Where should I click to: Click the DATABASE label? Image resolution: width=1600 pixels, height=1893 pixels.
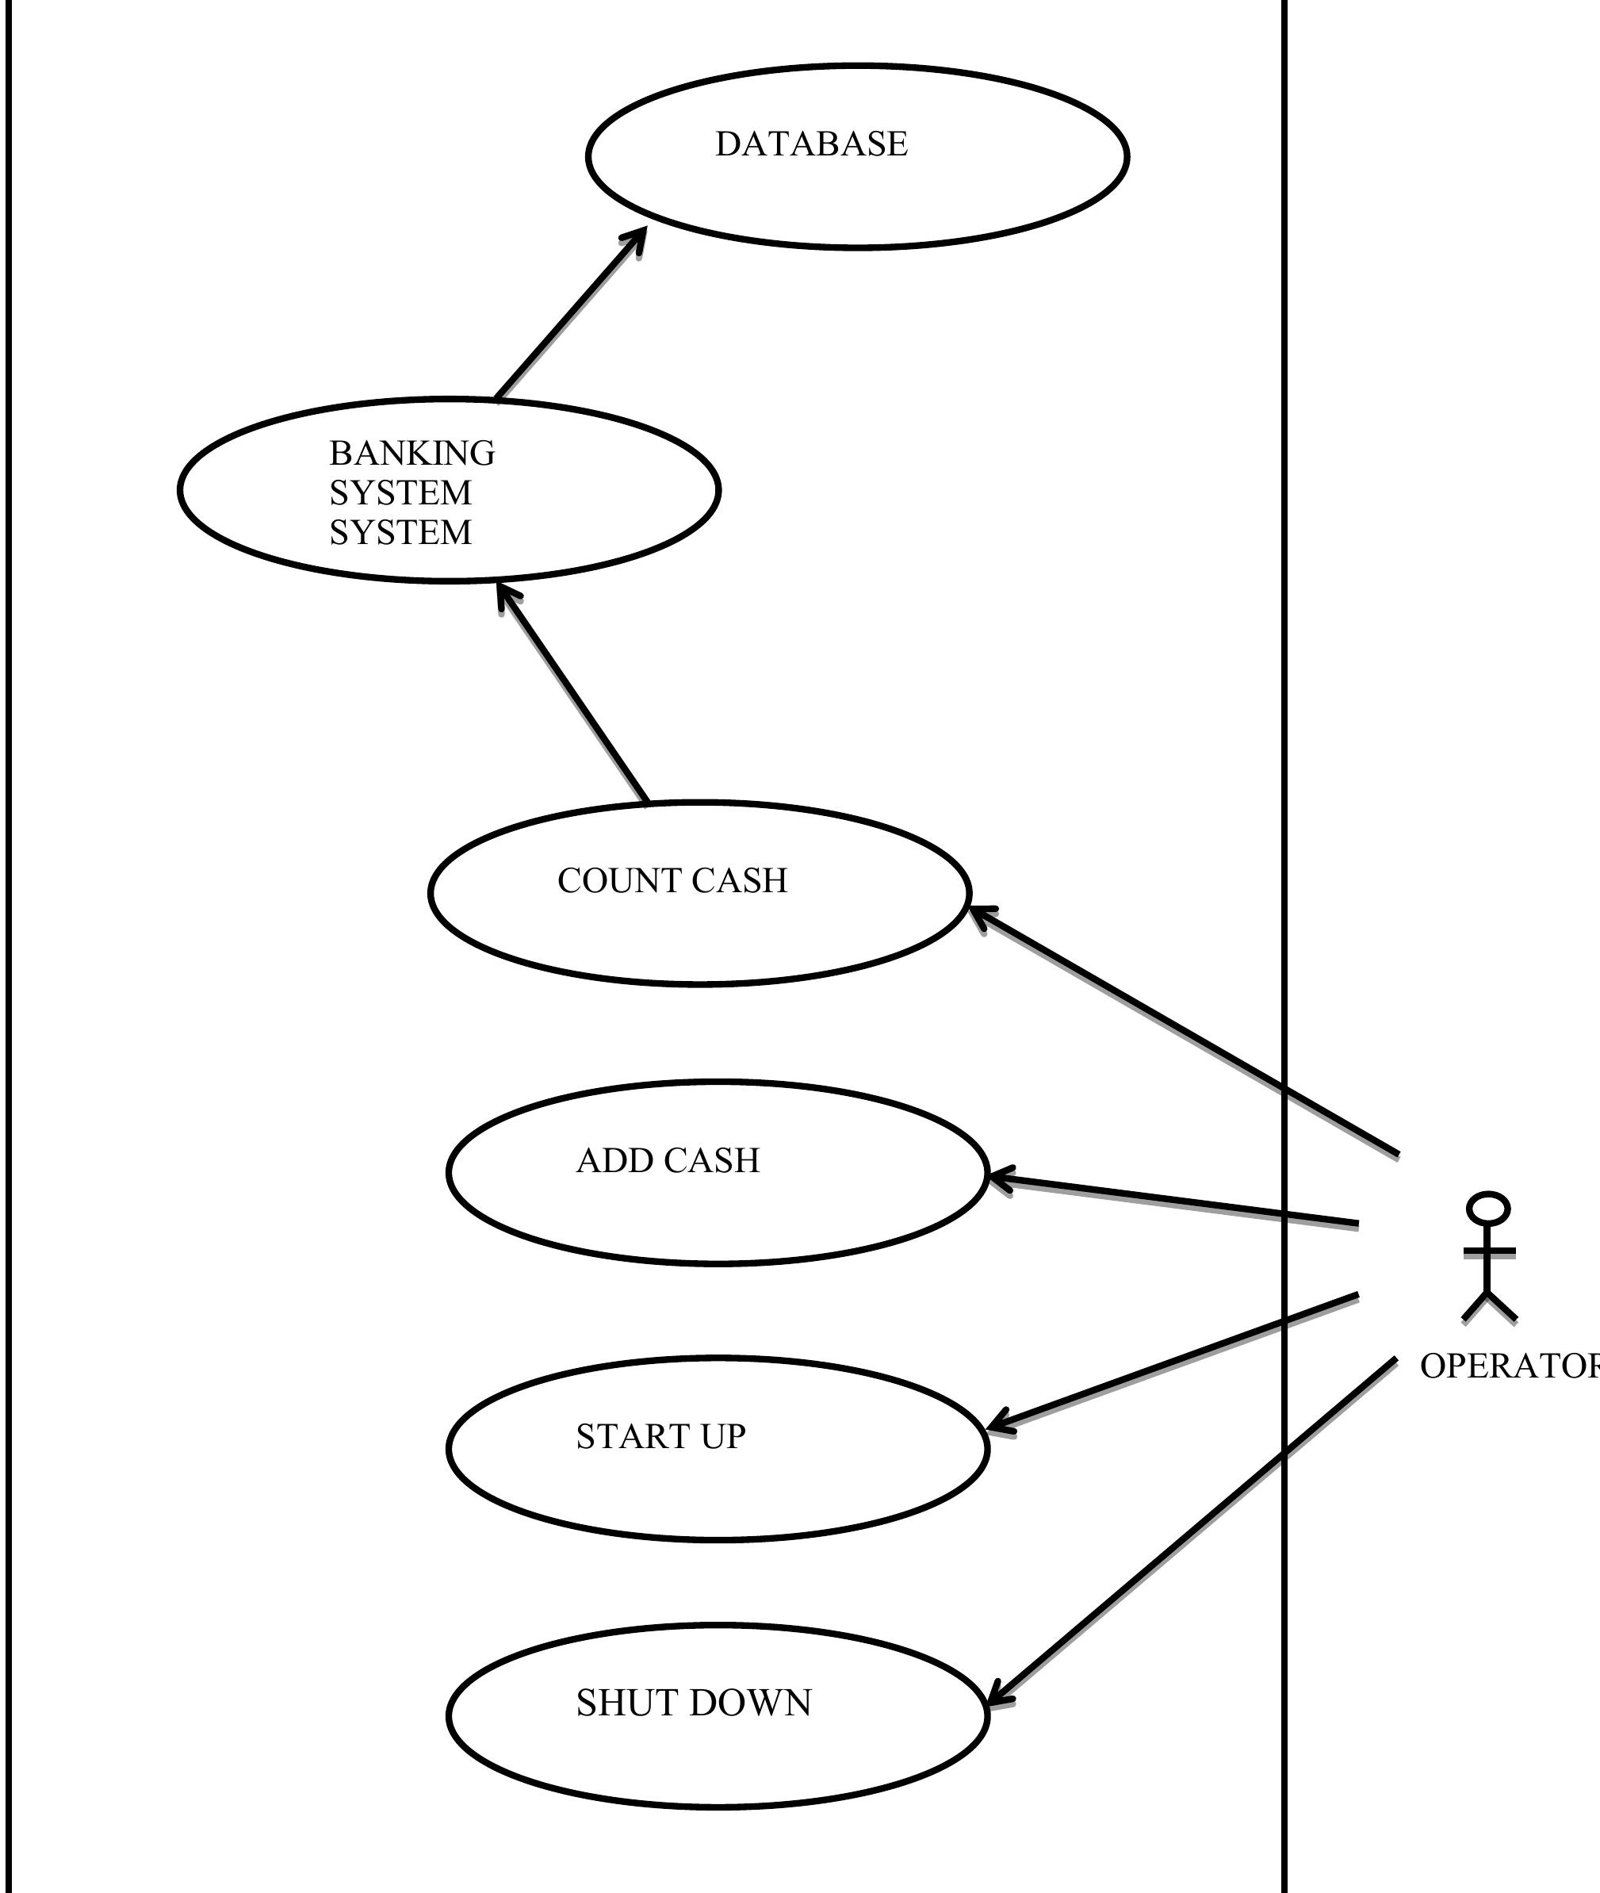(x=811, y=144)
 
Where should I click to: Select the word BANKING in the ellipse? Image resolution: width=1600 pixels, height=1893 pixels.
(x=411, y=453)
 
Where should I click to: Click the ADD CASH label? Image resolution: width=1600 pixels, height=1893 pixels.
(x=668, y=1160)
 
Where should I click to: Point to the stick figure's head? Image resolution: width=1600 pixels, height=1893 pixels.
(x=1488, y=1209)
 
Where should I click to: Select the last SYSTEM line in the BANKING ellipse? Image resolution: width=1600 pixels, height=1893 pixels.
(x=400, y=532)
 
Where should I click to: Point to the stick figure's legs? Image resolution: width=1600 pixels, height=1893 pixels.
(x=1488, y=1307)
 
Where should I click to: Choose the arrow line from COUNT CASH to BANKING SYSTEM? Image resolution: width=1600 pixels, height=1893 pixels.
(x=573, y=695)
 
